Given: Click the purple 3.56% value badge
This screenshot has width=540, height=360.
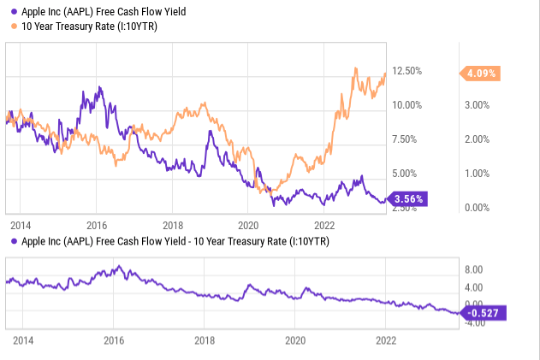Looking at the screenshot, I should point(407,198).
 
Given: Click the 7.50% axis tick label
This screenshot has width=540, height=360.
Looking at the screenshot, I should point(406,139).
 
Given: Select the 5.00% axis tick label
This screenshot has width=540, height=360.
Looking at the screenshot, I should point(406,174).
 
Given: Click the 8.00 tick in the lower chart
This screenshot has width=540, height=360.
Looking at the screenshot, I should point(475,269).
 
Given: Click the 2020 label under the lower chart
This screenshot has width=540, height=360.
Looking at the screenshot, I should point(295,339).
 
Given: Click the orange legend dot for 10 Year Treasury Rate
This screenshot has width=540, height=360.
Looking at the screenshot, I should point(8,27).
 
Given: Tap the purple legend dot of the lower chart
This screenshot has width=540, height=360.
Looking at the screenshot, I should point(8,241).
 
